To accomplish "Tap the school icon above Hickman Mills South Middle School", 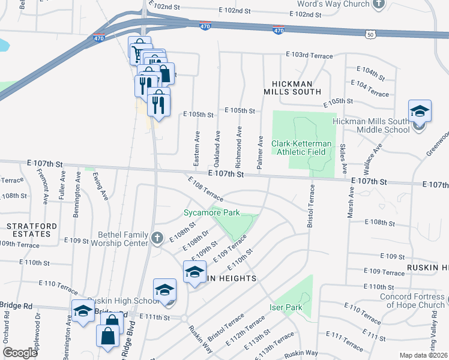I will [x=420, y=111].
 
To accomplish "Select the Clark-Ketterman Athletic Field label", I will [x=298, y=148].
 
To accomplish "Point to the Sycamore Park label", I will [x=211, y=212].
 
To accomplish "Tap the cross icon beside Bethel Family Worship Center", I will [x=157, y=238].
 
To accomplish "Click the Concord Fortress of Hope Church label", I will [x=414, y=300].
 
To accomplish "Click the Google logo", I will [x=20, y=352].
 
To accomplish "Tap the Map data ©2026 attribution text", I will [x=424, y=355].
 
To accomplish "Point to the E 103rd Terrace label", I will [x=309, y=56].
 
